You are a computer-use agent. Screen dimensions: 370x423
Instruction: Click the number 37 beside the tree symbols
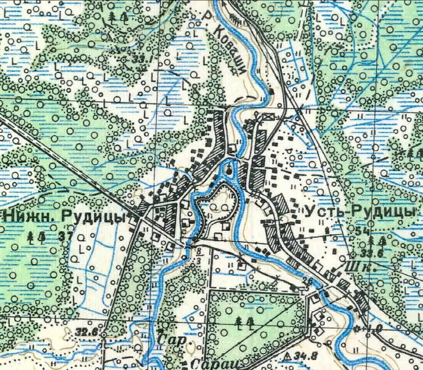coord(66,237)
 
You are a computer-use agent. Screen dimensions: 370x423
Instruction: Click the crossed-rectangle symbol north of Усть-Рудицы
coord(267,117)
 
